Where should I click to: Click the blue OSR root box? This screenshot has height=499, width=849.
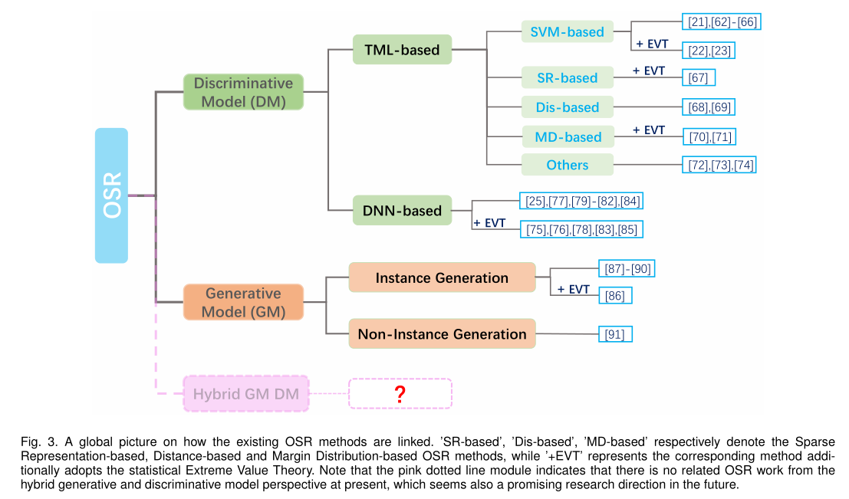[x=111, y=196]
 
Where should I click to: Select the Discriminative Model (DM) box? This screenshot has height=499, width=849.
[x=243, y=92]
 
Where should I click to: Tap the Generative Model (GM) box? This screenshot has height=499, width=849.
[x=243, y=302]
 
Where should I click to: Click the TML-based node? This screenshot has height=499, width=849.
[x=402, y=50]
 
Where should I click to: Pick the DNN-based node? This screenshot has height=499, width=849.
[x=402, y=209]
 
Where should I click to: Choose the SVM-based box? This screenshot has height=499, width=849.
[x=567, y=32]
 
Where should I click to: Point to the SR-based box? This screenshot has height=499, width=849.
[x=568, y=77]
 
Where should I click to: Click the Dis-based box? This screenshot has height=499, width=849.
[x=568, y=107]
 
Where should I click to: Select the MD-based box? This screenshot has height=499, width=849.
[x=568, y=137]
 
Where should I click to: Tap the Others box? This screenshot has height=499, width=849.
[x=568, y=165]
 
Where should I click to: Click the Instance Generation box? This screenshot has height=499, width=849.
[x=442, y=277]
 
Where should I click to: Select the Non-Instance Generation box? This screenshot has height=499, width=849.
[x=442, y=333]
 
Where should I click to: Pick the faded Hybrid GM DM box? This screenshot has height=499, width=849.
[x=245, y=394]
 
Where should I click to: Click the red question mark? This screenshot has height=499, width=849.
[x=400, y=394]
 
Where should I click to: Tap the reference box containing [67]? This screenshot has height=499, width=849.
[x=699, y=77]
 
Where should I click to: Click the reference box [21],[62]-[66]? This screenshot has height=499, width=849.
[x=722, y=21]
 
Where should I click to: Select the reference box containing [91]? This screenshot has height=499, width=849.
[x=616, y=334]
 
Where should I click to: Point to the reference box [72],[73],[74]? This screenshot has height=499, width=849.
[x=721, y=165]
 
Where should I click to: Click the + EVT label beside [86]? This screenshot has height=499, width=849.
[x=573, y=289]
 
